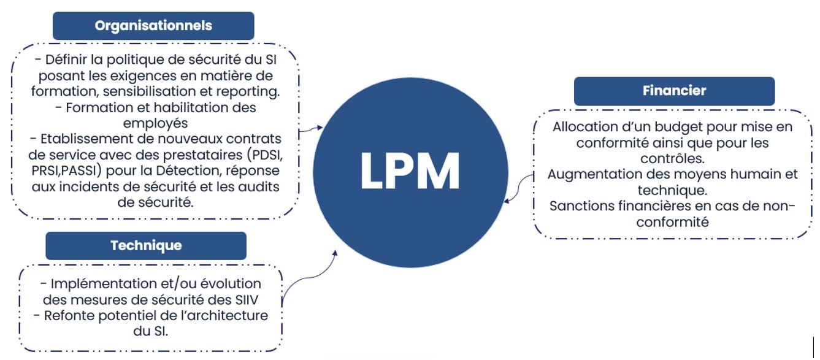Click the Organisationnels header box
[x=153, y=26]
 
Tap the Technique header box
[x=146, y=245]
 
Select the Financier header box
[x=674, y=91]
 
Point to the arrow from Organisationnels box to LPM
[x=312, y=129]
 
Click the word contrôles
[x=673, y=158]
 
